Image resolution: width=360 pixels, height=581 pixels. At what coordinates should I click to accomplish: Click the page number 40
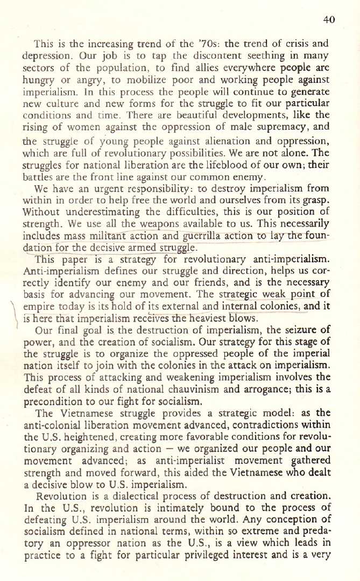coord(330,20)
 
